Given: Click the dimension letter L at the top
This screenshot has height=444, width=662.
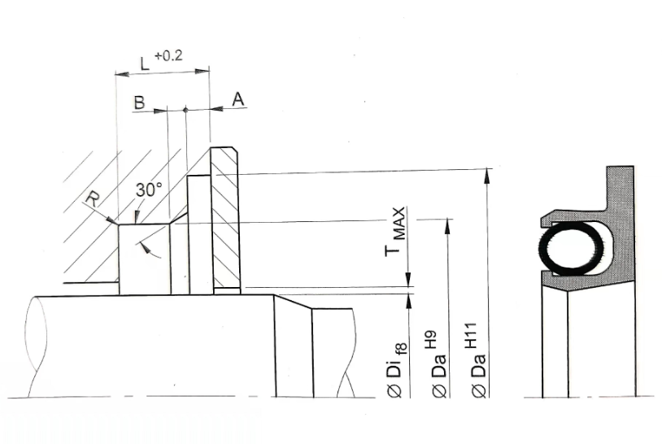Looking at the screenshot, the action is point(145,63).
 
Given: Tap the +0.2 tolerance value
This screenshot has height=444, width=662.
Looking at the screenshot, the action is point(169,55).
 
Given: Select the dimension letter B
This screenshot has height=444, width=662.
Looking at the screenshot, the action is point(139,102).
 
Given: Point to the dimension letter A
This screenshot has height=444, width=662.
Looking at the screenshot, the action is point(238,99).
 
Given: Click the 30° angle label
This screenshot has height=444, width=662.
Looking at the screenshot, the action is point(149,190).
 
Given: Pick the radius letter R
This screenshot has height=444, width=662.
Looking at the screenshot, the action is point(93,198).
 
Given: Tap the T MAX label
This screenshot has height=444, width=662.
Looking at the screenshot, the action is point(395,231).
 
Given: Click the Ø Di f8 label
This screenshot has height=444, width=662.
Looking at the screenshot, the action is point(397,370).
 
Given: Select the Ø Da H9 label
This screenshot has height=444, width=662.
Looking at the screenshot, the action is point(439,363).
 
